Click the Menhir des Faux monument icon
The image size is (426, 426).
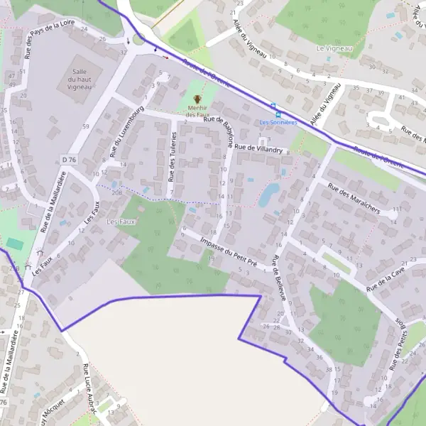coord(197,99)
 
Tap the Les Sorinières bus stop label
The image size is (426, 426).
coord(278,122)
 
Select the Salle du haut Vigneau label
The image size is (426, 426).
coord(80,80)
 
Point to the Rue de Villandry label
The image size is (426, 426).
coord(259,148)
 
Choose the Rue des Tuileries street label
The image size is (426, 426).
coord(171,159)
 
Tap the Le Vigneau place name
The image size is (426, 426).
coord(330,48)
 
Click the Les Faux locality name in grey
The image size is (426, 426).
coord(120,222)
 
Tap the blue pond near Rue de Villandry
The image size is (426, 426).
coord(268,195)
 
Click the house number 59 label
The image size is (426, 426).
coord(85,126)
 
